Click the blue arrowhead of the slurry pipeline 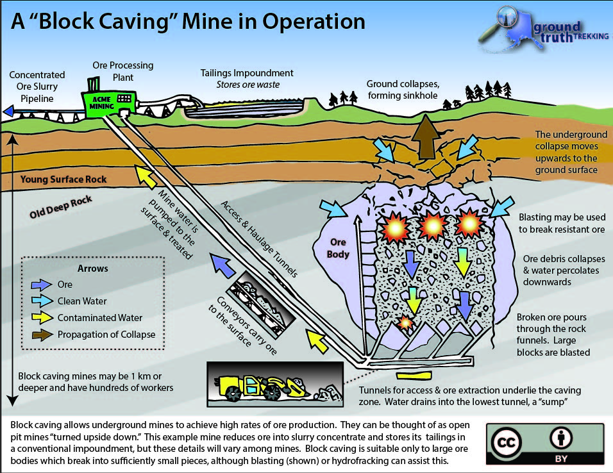pos(7,112)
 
